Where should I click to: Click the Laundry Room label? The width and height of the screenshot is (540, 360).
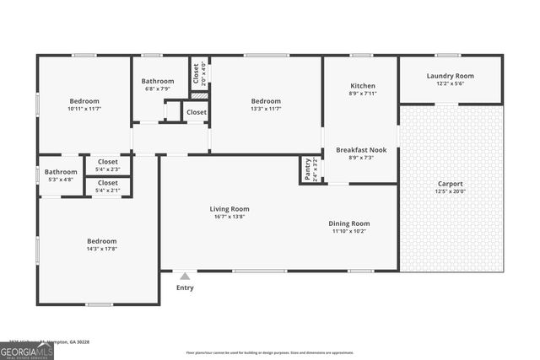[x=450, y=76]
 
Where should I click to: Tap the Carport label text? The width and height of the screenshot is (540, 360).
[x=450, y=184]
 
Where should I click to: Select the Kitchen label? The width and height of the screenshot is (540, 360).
[x=363, y=86]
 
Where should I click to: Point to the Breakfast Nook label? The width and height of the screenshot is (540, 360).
[x=361, y=150]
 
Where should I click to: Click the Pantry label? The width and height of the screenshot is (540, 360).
[x=307, y=169]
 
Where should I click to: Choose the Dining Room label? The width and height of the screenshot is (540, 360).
[x=349, y=223]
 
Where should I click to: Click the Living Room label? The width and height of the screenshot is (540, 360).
[x=229, y=209]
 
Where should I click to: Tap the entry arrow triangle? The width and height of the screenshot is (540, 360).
[x=185, y=275]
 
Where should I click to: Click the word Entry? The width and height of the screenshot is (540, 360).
[x=185, y=288]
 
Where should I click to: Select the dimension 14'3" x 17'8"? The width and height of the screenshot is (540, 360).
[x=102, y=249]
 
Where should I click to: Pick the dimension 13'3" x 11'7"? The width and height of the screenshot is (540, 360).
[x=265, y=109]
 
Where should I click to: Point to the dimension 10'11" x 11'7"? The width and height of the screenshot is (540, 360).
[x=84, y=109]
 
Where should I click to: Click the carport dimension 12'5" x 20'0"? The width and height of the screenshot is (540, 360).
[x=450, y=191]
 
